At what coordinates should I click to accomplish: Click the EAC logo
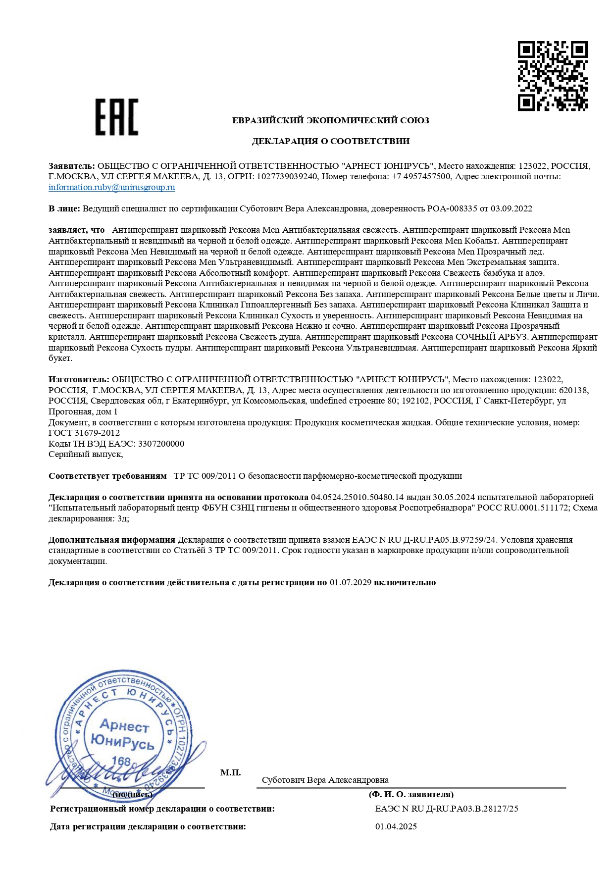point(116,117)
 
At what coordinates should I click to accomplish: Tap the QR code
point(553,76)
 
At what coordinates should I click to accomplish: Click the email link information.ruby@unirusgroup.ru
point(111,187)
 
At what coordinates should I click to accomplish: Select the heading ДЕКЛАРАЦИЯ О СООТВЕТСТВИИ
point(330,141)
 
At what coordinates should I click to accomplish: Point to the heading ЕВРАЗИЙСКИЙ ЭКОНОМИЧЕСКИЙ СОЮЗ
point(330,120)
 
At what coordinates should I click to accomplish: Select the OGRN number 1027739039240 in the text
point(287,176)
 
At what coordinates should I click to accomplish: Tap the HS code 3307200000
point(161,444)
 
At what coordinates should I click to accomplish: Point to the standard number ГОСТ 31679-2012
point(84,433)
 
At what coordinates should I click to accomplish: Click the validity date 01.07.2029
point(350,582)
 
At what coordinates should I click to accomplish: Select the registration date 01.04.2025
point(396,826)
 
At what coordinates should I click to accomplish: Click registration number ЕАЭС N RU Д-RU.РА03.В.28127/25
point(447,809)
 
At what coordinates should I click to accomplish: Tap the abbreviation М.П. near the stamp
point(230,772)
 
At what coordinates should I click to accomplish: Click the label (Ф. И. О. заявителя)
point(410,794)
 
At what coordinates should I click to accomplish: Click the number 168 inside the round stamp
point(121,761)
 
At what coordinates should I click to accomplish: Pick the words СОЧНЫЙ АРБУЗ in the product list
point(492,337)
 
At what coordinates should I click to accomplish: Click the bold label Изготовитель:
point(79,379)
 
